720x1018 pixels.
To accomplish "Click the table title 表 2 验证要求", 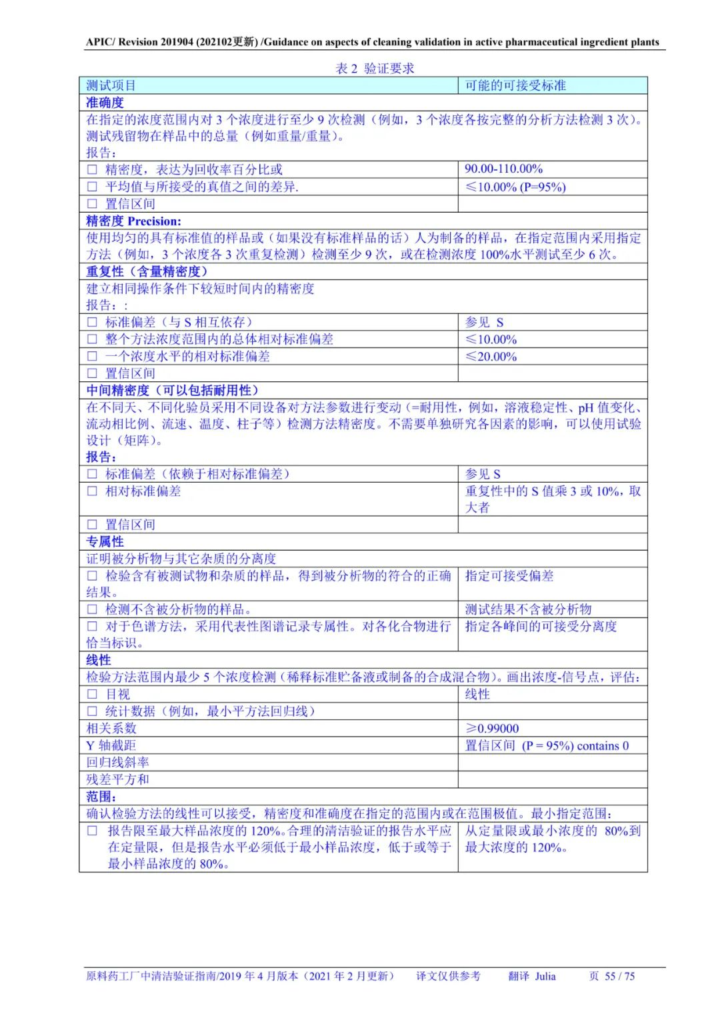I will click(x=375, y=69).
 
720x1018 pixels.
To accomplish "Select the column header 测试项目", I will click(x=111, y=85).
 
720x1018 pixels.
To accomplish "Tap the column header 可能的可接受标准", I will click(x=515, y=85).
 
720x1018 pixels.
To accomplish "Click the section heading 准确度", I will click(x=105, y=103).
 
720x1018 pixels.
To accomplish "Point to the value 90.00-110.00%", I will click(x=503, y=169).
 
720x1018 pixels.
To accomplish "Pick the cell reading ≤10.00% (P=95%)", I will click(x=515, y=187).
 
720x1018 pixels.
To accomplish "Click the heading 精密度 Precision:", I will click(x=133, y=221).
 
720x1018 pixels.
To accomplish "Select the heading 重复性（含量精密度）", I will click(x=147, y=272).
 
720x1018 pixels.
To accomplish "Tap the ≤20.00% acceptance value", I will click(x=491, y=357).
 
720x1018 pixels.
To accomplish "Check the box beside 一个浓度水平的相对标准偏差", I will click(x=92, y=357).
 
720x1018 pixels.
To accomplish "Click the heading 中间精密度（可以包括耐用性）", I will click(x=172, y=391).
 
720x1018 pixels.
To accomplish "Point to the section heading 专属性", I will click(x=105, y=542).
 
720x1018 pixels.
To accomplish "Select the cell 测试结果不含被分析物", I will click(x=528, y=609).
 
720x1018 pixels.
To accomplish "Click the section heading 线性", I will click(x=98, y=660).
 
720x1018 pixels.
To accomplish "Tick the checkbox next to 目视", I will click(x=92, y=694).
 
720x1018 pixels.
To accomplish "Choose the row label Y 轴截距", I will click(x=111, y=745).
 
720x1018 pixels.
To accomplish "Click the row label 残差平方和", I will click(x=117, y=779).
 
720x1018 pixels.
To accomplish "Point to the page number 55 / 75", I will click(x=619, y=976).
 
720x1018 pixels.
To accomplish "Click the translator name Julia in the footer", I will click(x=545, y=976).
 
